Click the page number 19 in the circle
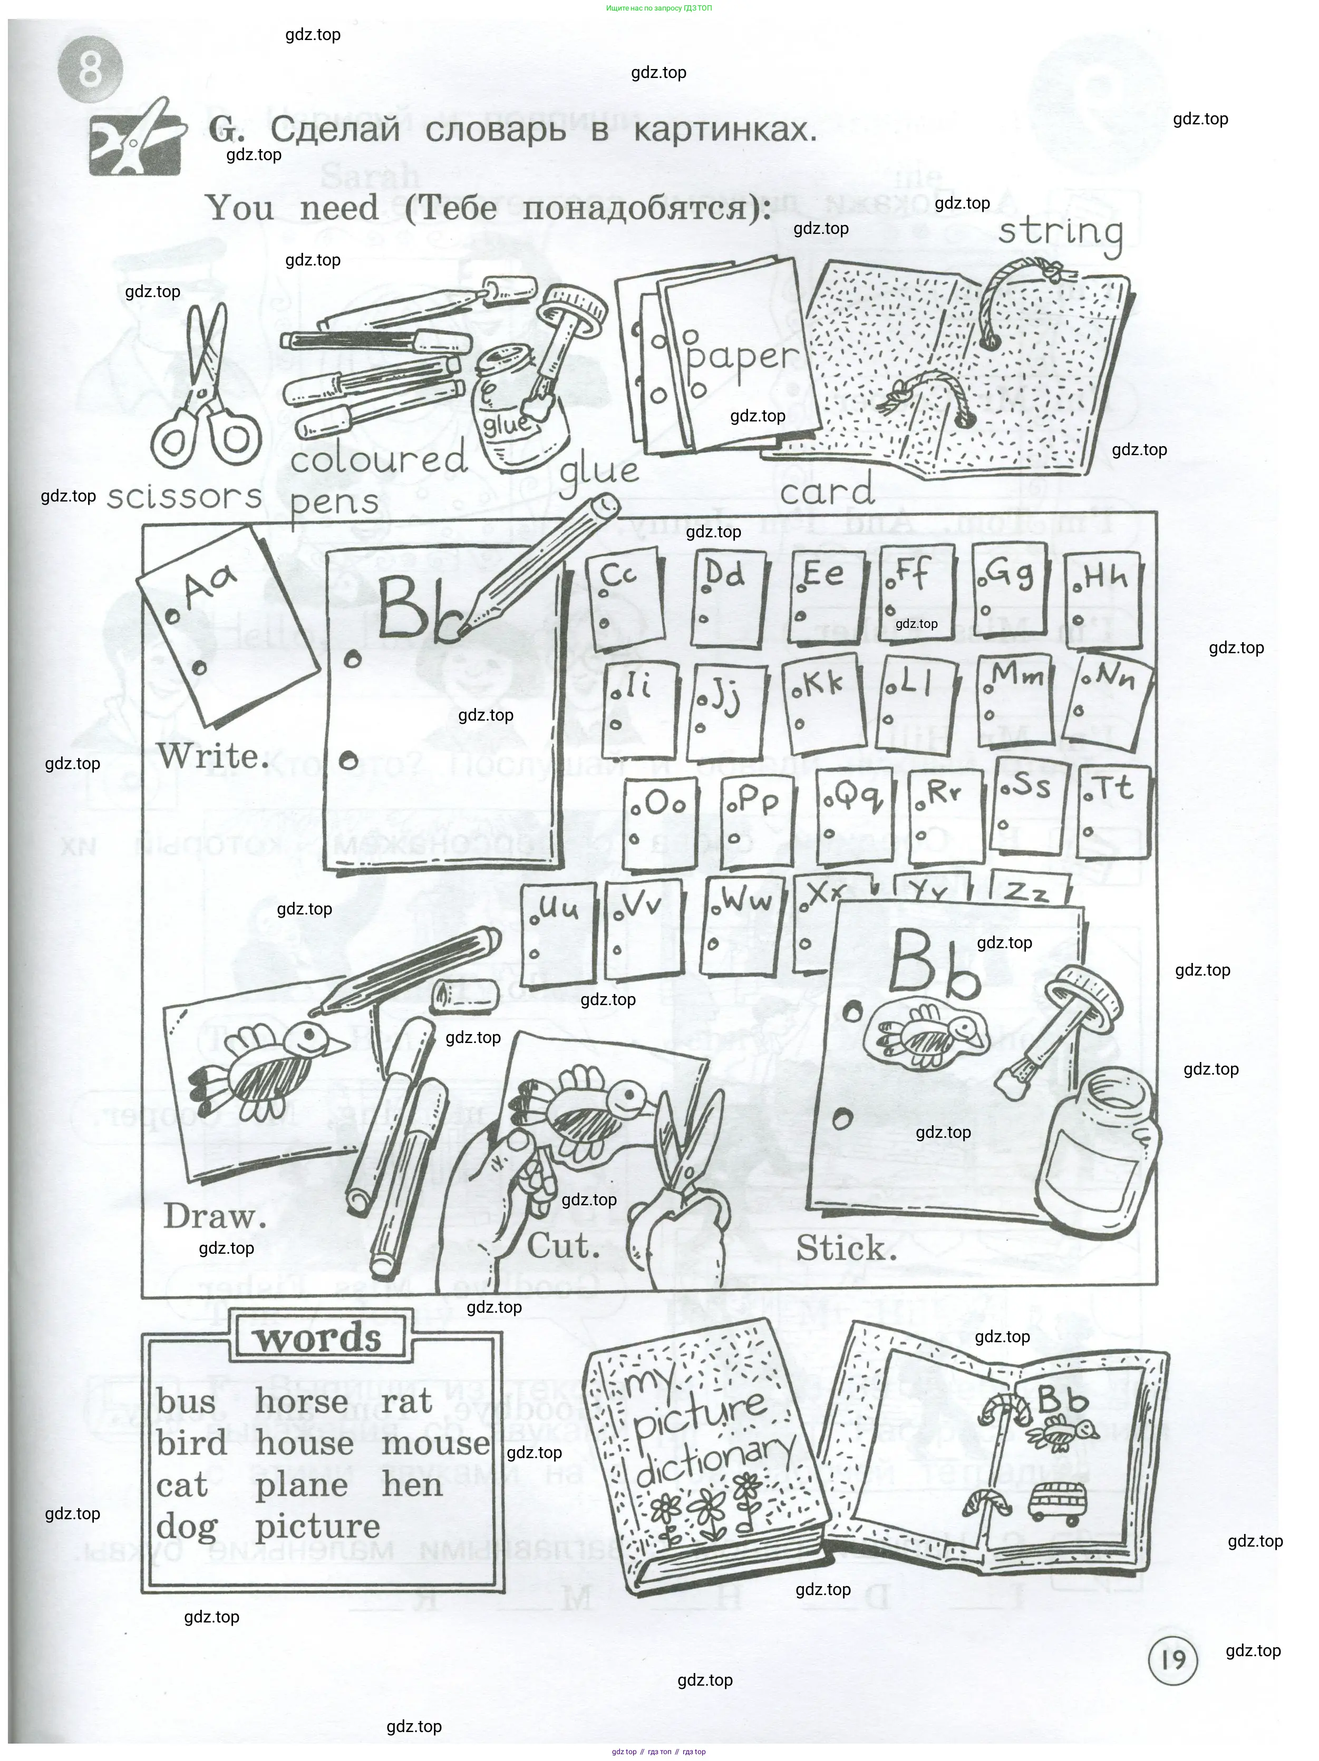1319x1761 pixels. [1172, 1660]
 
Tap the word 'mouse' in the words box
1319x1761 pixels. [435, 1443]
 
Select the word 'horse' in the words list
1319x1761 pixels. [301, 1402]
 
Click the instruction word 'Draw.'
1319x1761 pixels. [214, 1216]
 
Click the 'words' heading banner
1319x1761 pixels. [318, 1338]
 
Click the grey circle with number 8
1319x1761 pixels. [91, 70]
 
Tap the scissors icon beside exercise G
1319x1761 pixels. [136, 139]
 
